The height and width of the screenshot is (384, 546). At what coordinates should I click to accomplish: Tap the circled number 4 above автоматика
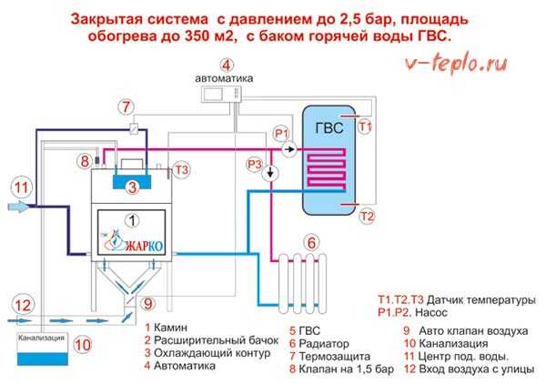point(226,65)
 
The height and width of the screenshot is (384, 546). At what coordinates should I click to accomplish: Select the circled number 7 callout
point(126,107)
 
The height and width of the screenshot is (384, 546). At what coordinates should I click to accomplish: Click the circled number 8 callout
point(84,161)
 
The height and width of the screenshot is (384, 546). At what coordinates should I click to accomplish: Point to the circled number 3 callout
point(132,187)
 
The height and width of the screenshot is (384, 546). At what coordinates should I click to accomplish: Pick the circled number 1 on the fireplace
point(133,219)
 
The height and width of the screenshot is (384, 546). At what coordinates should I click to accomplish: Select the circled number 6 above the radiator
point(310,243)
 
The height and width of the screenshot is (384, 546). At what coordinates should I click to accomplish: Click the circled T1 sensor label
point(365,127)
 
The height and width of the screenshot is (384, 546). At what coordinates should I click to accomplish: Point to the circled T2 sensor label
point(367,216)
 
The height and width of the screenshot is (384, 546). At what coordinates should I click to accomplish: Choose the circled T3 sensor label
point(182,169)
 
